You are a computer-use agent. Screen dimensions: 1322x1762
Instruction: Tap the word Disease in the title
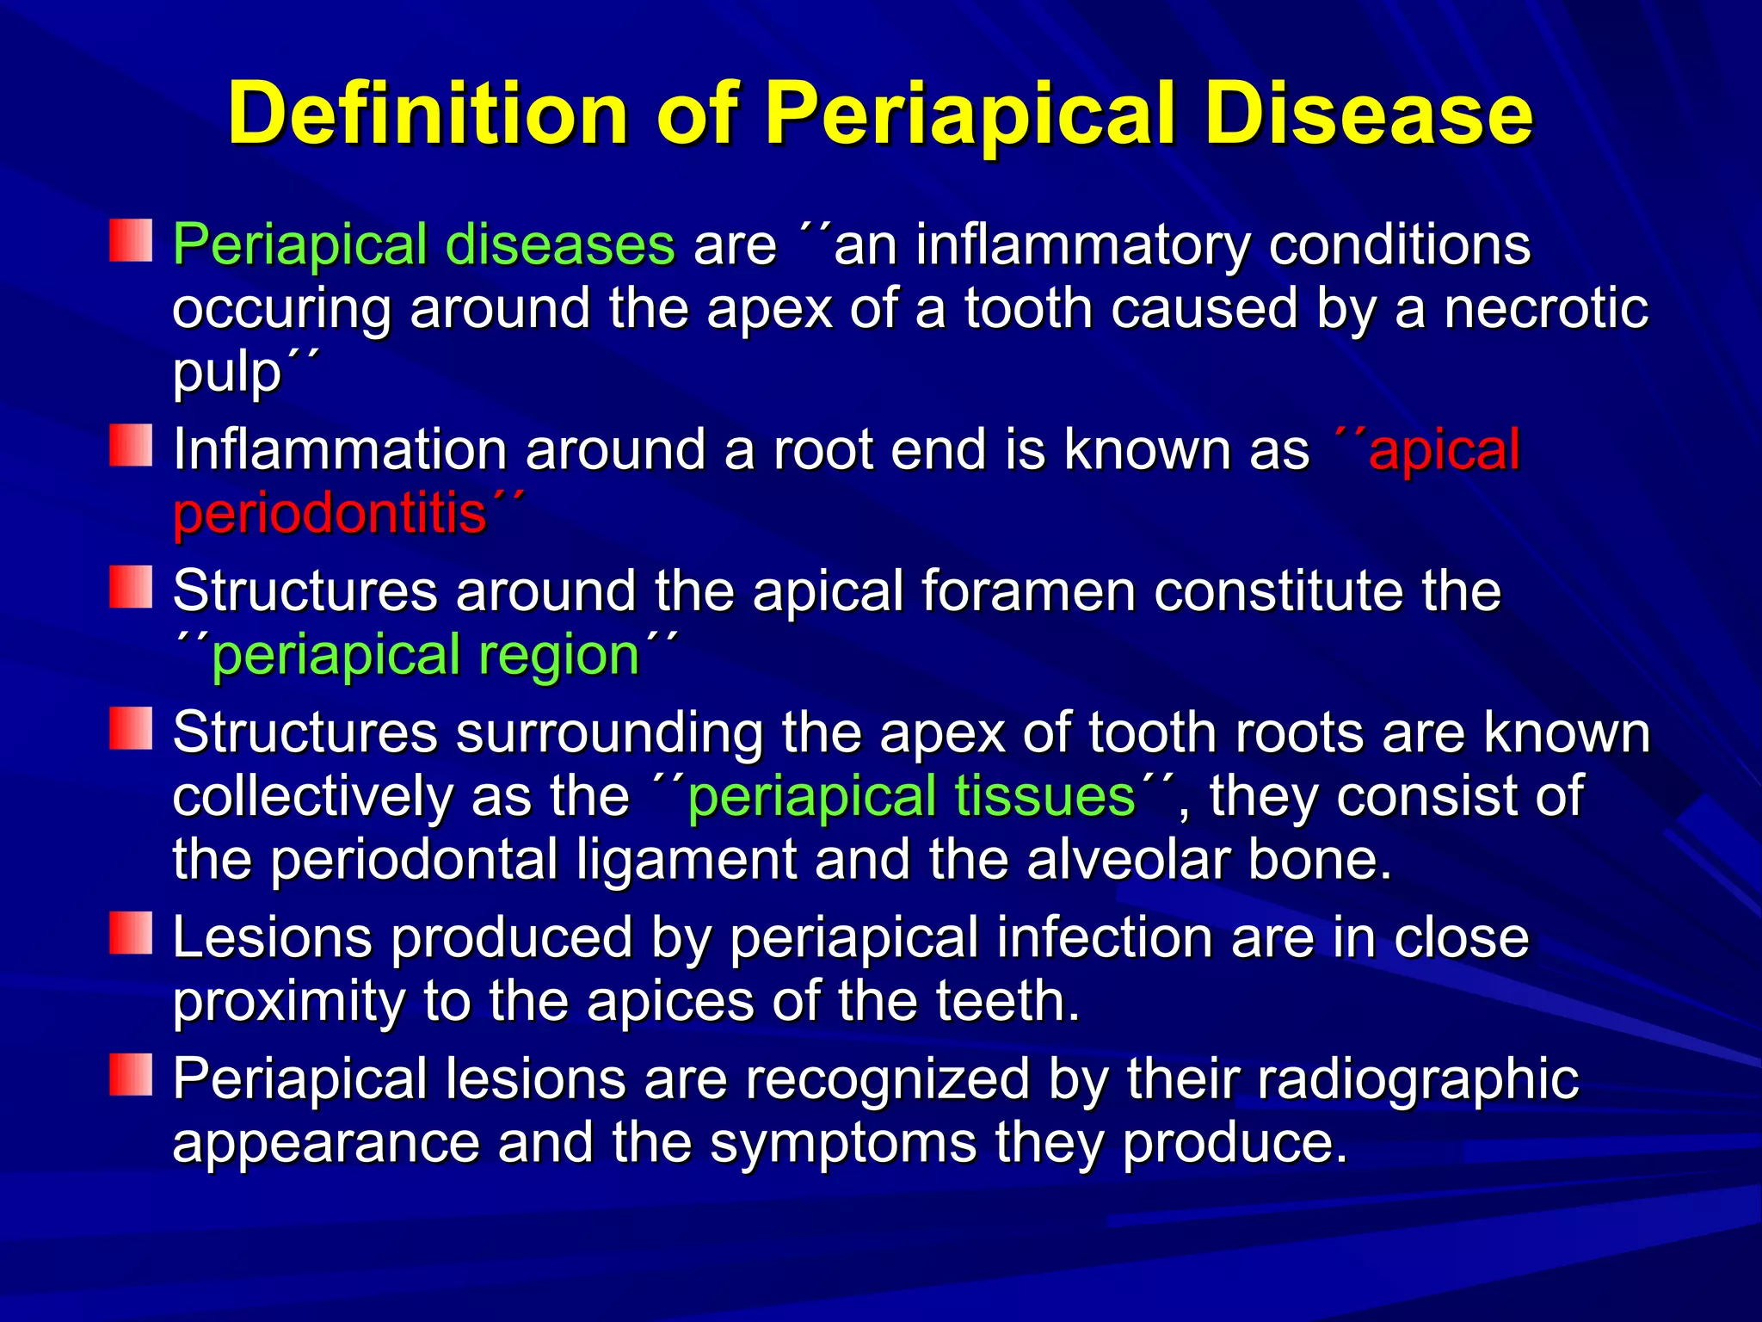pos(1368,114)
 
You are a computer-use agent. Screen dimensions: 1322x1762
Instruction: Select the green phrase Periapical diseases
pos(423,246)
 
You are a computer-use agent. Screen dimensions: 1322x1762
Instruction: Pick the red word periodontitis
pos(330,515)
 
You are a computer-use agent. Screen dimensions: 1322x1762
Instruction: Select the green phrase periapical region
pos(426,656)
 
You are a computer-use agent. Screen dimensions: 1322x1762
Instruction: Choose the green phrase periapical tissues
pos(912,797)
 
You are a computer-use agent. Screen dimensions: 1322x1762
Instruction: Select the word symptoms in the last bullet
pos(843,1143)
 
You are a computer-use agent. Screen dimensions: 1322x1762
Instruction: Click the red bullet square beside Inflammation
pos(131,445)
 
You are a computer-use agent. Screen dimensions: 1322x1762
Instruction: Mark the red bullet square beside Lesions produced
pos(131,934)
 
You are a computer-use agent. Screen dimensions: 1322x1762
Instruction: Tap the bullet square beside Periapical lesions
pos(131,1075)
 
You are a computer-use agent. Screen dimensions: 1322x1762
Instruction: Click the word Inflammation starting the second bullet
pos(340,450)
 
